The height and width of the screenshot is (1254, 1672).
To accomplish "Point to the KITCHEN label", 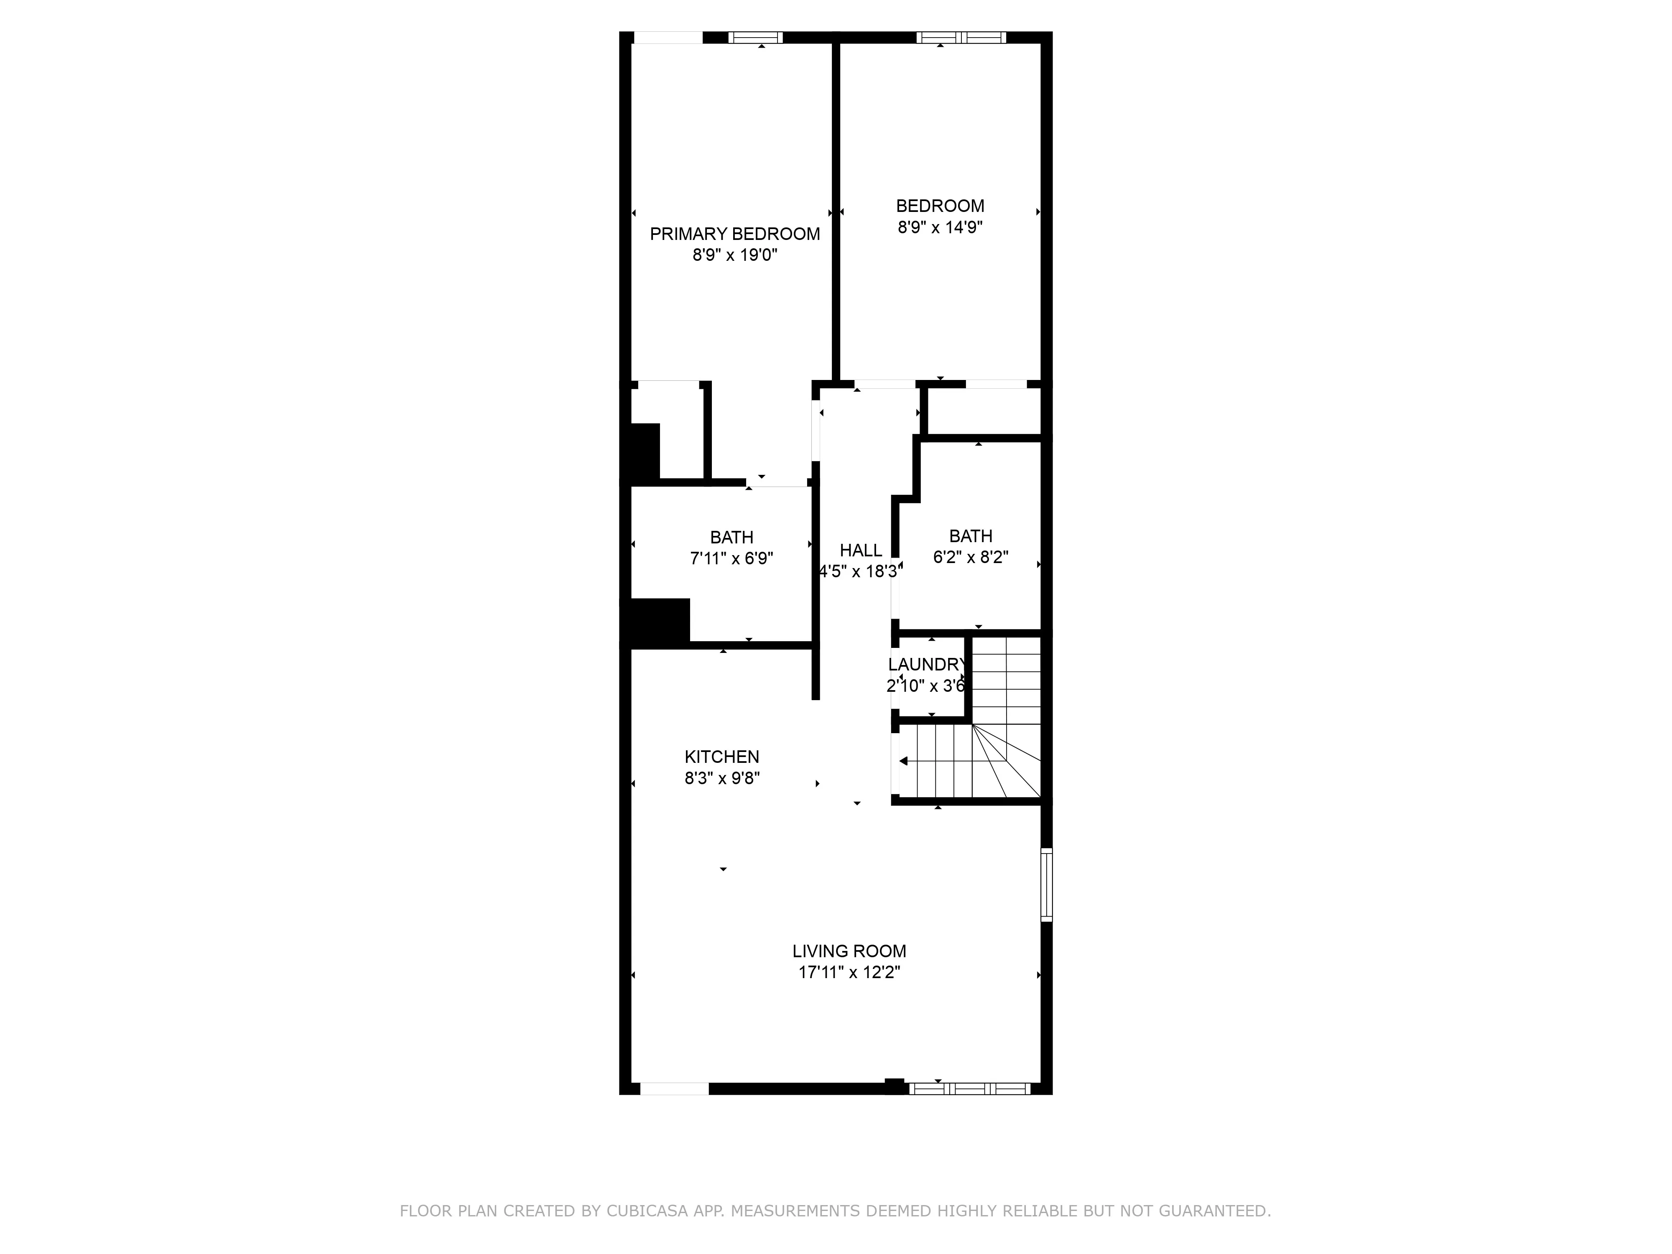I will [x=722, y=757].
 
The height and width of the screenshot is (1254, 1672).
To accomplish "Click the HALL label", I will [x=861, y=550].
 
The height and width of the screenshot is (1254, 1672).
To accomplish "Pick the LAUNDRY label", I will [x=927, y=665].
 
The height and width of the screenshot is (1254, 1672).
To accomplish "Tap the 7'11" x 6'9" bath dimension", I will [x=731, y=558].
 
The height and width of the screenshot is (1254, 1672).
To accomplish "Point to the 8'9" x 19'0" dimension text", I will [x=735, y=255].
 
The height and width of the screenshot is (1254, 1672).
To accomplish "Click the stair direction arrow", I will [x=904, y=761].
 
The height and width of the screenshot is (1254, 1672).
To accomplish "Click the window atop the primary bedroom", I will [x=755, y=38].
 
